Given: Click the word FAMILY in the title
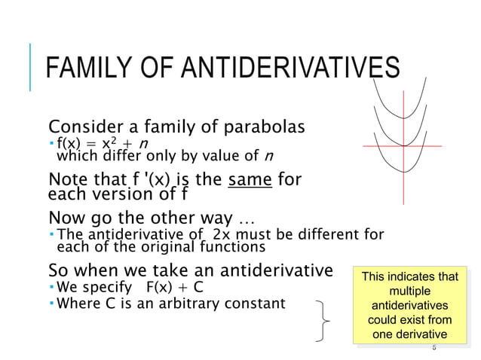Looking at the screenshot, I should click(x=84, y=69).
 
